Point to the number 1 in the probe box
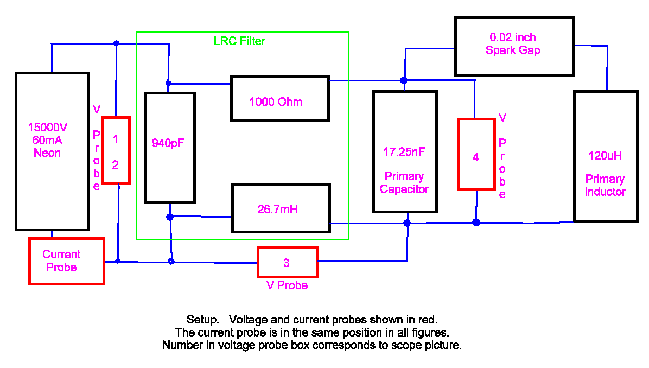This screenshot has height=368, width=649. [115, 139]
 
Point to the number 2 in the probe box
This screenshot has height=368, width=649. [115, 165]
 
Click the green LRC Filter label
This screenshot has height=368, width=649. [239, 41]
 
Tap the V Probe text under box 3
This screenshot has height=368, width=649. [287, 285]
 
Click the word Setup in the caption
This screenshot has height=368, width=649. [202, 320]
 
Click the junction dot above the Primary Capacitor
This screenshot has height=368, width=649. [404, 80]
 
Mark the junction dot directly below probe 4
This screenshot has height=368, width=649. [476, 223]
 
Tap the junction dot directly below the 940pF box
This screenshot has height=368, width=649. [170, 217]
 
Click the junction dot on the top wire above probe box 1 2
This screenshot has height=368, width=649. [116, 43]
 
